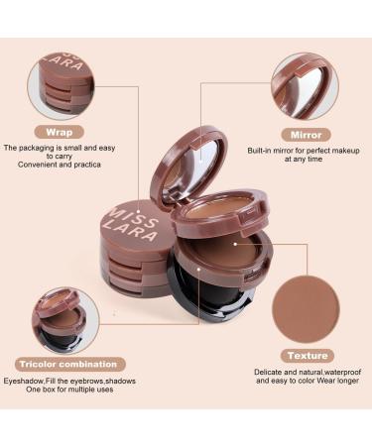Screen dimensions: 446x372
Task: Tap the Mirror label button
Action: click(x=305, y=133)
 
